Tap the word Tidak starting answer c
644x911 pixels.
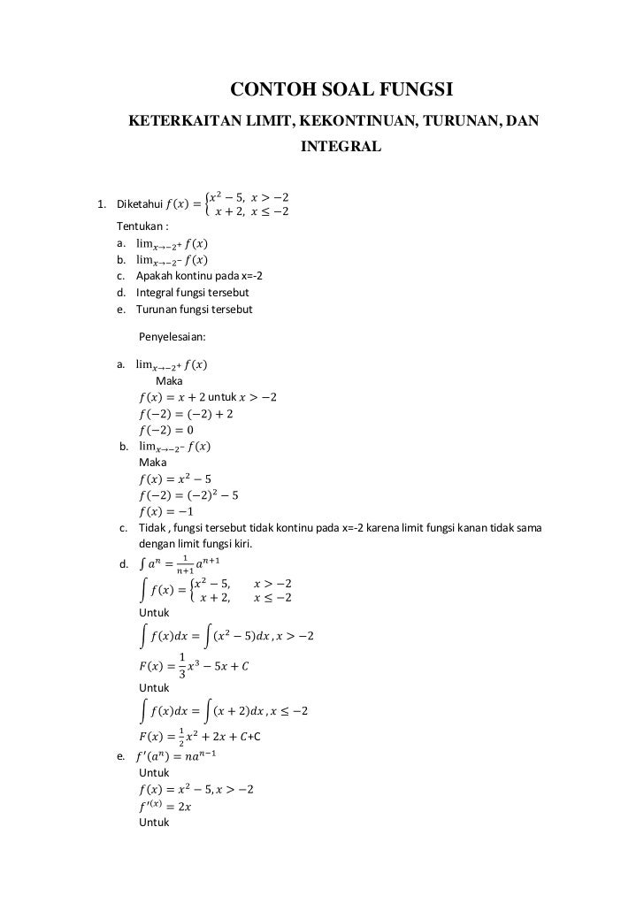[153, 529]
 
